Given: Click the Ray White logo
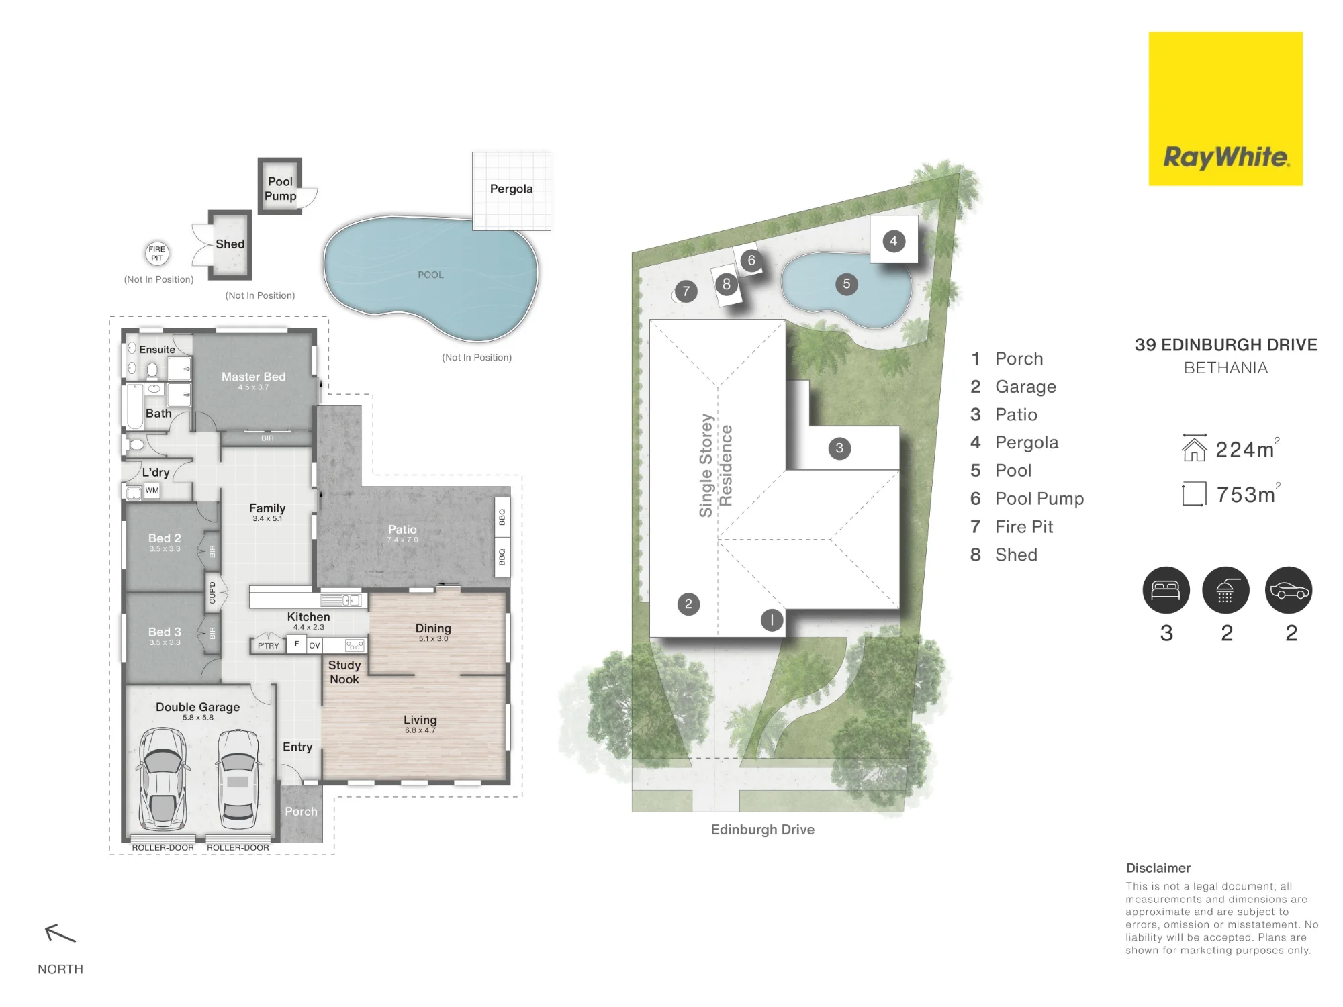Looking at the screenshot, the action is [1225, 109].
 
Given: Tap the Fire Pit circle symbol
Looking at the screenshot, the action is [157, 253].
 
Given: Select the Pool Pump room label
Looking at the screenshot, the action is [280, 189].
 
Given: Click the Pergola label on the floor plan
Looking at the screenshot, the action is [511, 189].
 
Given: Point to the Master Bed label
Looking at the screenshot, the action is [254, 377].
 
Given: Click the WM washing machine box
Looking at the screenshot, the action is [152, 490].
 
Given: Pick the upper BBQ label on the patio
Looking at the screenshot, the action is [502, 517].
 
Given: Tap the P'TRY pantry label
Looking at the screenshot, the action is [269, 646].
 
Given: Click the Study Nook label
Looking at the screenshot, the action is [344, 672].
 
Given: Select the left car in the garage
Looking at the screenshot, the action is [162, 779].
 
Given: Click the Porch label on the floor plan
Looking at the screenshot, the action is [301, 811].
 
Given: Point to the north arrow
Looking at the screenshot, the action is [60, 933].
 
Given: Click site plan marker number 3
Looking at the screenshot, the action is [839, 448].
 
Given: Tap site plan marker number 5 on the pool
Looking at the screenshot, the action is [847, 284].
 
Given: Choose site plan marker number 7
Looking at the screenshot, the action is [686, 291].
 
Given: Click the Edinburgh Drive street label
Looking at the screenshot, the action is [763, 830].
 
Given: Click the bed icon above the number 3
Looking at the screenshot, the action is [1166, 590].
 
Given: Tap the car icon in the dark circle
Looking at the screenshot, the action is [1289, 590].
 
